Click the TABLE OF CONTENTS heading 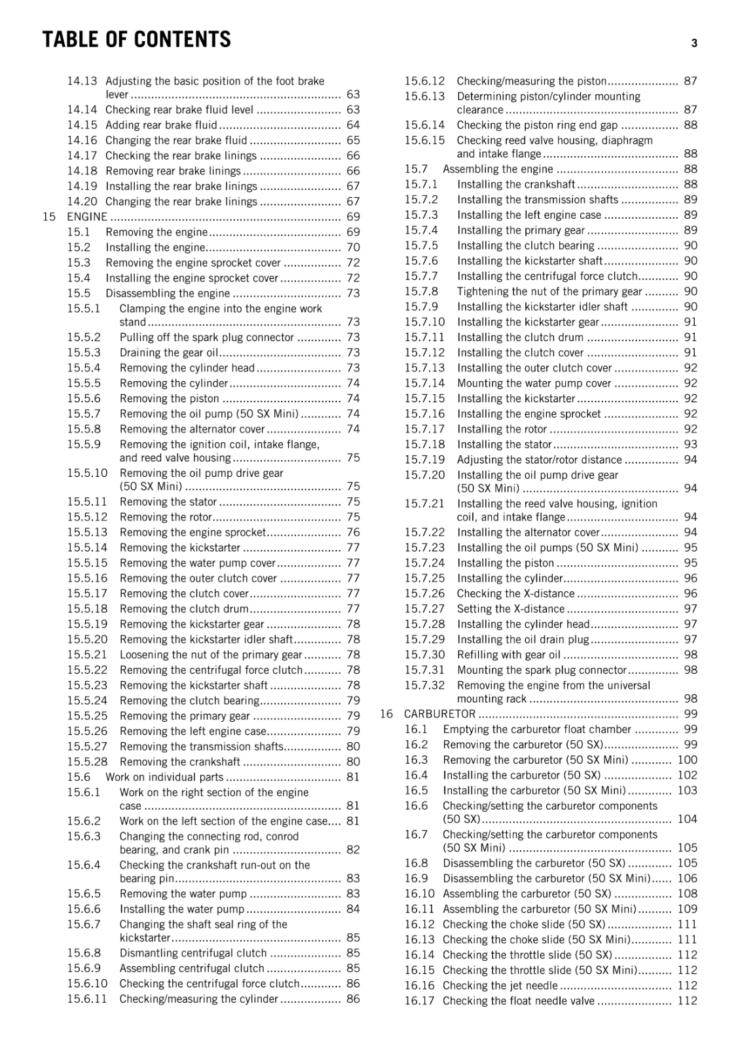(137, 40)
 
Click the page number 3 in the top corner (694, 44)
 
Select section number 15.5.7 (84, 414)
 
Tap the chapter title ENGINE (87, 217)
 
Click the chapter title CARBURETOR (439, 714)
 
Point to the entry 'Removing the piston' (170, 399)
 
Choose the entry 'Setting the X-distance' (511, 609)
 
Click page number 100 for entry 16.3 (687, 760)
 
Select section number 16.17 (419, 1001)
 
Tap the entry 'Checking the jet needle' (500, 986)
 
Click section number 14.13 (82, 81)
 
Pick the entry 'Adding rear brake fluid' (161, 125)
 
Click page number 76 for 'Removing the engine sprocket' (353, 533)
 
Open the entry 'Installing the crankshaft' (516, 185)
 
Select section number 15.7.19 (424, 460)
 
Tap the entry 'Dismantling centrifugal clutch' (193, 953)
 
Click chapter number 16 (386, 714)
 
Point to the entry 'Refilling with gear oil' (509, 655)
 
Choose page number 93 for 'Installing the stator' (690, 445)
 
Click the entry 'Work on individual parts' (164, 777)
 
